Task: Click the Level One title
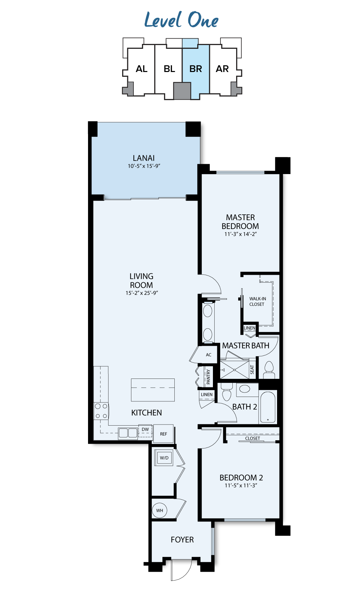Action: (181, 19)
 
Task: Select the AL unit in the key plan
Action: (142, 69)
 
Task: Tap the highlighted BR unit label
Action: (196, 69)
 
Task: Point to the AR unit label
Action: (222, 69)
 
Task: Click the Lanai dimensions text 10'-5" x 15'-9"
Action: (144, 166)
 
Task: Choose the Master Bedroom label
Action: (240, 222)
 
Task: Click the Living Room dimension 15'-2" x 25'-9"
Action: (142, 293)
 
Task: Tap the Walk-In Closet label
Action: (257, 301)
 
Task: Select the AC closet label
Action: (208, 355)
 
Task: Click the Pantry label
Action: (208, 377)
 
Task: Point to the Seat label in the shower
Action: (252, 370)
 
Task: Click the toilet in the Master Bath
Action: (269, 370)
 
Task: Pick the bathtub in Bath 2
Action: (268, 407)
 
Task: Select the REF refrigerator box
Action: (163, 434)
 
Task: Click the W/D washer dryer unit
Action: (164, 458)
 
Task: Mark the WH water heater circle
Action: (160, 511)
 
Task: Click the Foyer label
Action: (182, 540)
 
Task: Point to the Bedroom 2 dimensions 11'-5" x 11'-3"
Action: (241, 485)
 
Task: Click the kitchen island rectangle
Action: (153, 390)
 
